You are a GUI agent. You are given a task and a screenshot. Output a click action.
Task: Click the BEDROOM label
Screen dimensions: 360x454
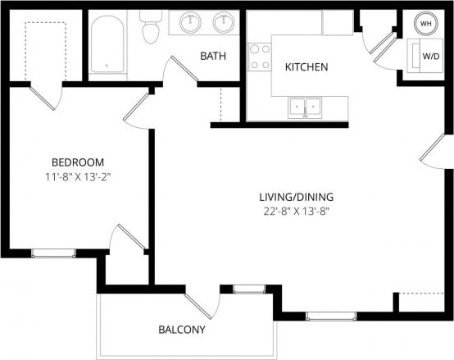[x=78, y=162]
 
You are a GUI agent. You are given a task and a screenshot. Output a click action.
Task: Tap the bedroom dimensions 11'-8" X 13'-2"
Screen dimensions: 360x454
[x=78, y=175]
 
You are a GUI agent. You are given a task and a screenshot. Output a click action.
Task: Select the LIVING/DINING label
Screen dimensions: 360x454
[x=297, y=197]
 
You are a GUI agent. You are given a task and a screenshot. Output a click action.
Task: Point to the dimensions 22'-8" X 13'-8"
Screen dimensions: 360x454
[x=297, y=211]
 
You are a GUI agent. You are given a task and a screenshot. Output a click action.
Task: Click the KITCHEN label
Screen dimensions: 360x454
[x=306, y=66]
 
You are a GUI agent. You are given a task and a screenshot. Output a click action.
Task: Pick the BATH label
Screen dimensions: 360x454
[x=214, y=56]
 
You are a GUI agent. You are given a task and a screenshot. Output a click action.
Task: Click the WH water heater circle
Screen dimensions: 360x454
[x=426, y=24]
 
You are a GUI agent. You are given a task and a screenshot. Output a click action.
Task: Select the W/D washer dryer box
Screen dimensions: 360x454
[x=429, y=57]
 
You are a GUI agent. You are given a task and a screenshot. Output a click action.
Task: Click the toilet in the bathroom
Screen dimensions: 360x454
[x=150, y=30]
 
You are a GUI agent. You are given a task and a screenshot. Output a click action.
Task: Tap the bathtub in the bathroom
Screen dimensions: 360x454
[x=107, y=45]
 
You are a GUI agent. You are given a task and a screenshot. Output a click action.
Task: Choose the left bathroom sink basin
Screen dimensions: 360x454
[x=190, y=23]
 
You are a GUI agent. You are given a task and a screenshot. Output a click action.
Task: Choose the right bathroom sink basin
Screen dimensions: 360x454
[x=223, y=23]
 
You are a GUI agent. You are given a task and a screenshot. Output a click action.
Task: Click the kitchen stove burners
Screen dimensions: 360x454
[x=260, y=57]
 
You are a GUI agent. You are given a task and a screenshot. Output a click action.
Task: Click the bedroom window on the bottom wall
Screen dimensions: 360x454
[x=53, y=253]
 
